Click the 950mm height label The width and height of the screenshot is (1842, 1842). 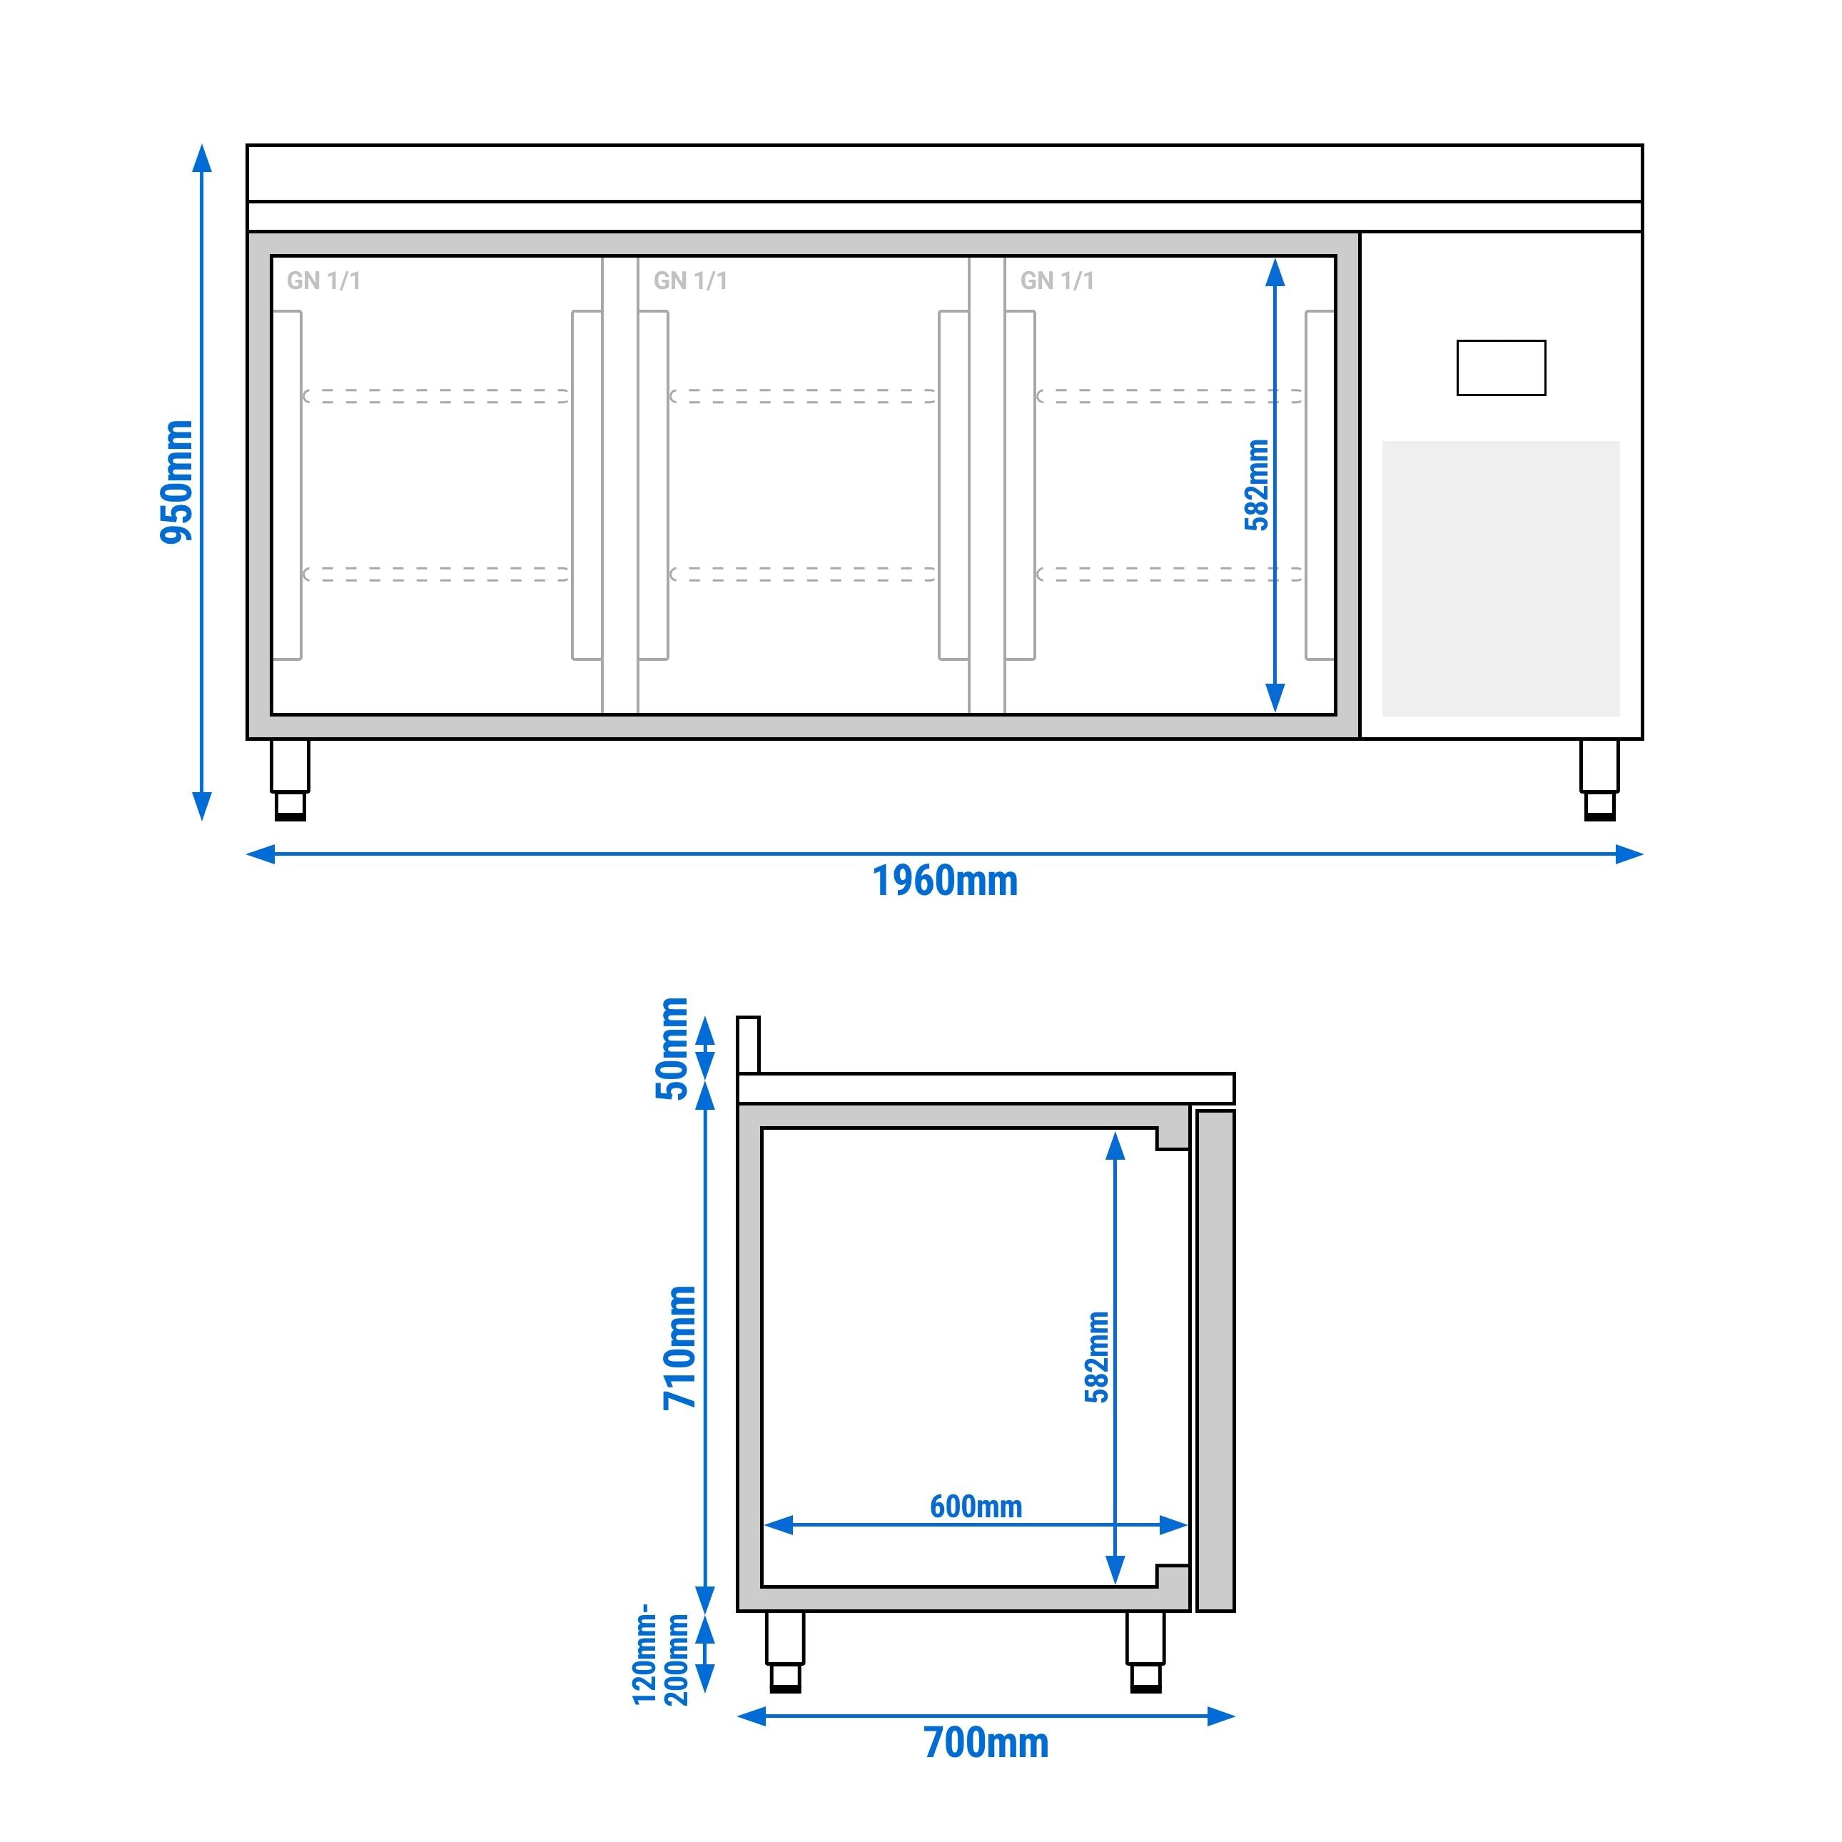click(x=176, y=482)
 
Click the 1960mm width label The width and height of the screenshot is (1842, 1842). click(x=945, y=881)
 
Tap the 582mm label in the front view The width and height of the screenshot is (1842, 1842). click(x=1257, y=485)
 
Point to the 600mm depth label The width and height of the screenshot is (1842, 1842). click(x=976, y=1507)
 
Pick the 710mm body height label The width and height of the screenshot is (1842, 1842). click(x=681, y=1347)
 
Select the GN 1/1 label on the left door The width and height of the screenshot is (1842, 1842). click(x=323, y=280)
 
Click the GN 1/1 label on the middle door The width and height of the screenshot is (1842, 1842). click(x=690, y=280)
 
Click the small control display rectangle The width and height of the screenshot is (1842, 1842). click(x=1501, y=368)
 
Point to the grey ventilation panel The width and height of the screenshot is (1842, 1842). click(x=1501, y=578)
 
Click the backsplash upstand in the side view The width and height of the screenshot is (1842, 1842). click(x=749, y=1045)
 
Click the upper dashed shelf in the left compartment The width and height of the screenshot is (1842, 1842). click(x=437, y=395)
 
